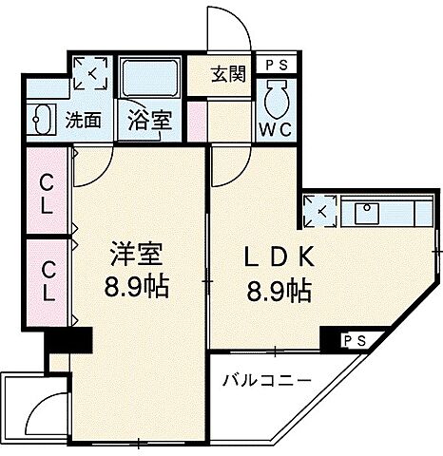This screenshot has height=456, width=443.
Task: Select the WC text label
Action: coord(277,128)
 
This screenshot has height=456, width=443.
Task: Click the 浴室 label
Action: coord(148,123)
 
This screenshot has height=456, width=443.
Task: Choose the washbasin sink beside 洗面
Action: coord(44,121)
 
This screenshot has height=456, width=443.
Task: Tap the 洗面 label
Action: coord(83,121)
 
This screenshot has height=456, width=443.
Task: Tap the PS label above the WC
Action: coord(277,66)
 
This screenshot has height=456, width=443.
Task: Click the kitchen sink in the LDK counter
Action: coord(367,212)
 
